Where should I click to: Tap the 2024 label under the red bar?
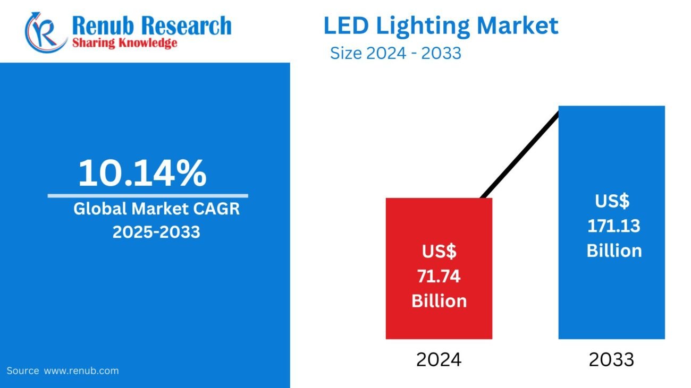tap(439, 360)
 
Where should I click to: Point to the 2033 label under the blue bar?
tap(611, 360)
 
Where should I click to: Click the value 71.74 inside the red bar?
tap(439, 276)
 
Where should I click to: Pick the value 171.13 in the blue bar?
tap(613, 226)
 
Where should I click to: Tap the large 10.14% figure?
tap(142, 173)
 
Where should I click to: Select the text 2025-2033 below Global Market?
tap(156, 232)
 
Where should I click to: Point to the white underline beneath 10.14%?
tap(147, 196)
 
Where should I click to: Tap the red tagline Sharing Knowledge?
tap(124, 43)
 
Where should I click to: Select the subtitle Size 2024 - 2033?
tap(395, 54)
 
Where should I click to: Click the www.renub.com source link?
tap(81, 370)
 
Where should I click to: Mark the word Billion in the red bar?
tap(439, 300)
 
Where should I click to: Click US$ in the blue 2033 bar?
tap(612, 202)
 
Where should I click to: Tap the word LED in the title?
tap(344, 25)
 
